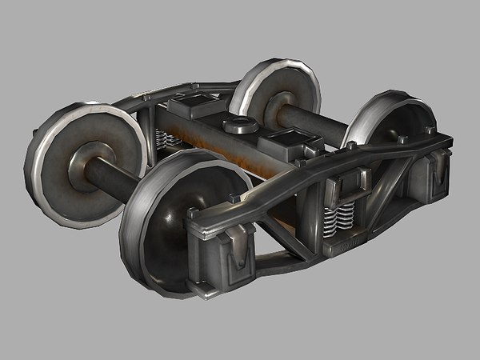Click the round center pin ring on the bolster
pos(239,124)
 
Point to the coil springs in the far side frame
pos(169,141)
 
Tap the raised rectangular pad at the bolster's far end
pos(192,108)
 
